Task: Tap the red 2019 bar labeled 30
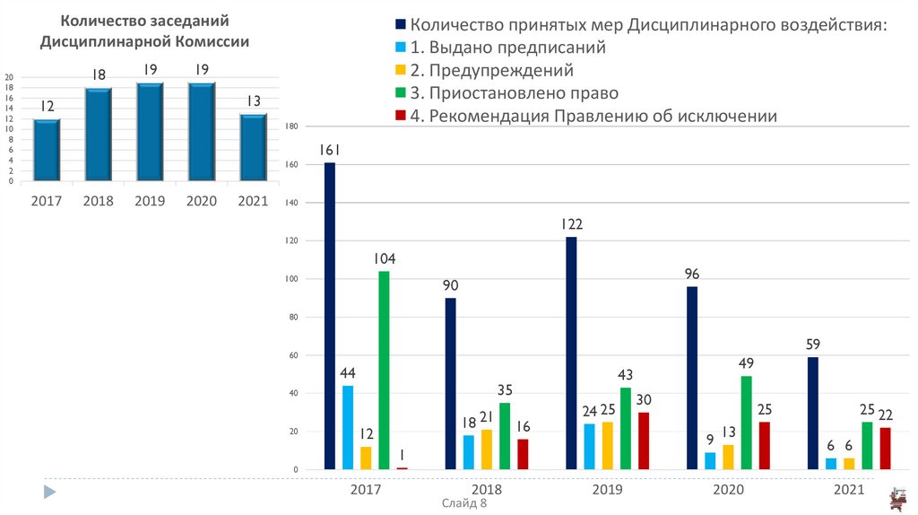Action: click(644, 441)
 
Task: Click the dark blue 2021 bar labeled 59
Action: click(812, 413)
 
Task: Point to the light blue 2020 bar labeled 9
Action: click(710, 460)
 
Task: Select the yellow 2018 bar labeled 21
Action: click(487, 450)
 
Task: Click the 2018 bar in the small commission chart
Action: click(99, 135)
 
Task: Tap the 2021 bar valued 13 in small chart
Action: click(254, 148)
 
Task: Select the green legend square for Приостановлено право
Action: click(400, 93)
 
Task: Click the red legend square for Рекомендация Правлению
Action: click(400, 116)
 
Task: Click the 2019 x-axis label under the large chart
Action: click(608, 491)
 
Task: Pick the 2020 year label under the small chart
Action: click(202, 201)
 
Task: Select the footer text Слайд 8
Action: click(464, 504)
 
